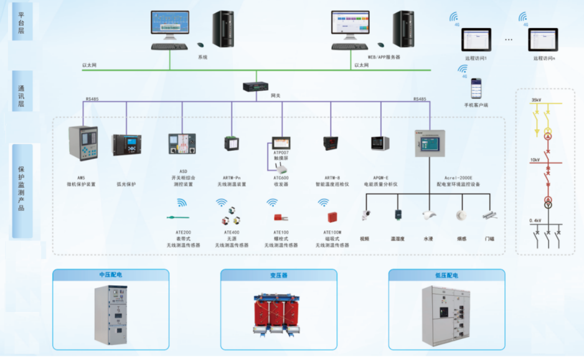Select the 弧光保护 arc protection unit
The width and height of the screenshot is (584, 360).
pos(126,144)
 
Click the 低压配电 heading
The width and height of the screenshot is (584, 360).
pos(446,275)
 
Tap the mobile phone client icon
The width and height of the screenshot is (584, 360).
pos(476,89)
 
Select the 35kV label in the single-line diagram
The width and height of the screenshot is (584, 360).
pos(535,100)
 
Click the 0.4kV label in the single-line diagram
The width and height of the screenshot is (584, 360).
pos(535,220)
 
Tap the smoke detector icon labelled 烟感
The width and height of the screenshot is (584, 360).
pos(461,216)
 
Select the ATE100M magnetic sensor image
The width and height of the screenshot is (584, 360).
pos(332,217)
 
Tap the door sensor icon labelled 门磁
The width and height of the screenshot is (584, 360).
pos(489,216)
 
